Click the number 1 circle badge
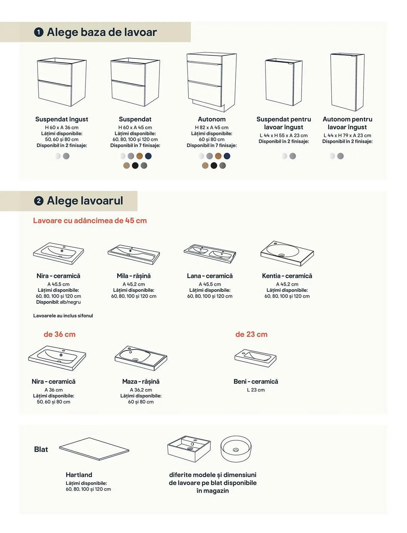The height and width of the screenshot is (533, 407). tap(39, 32)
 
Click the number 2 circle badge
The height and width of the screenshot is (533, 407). tap(39, 201)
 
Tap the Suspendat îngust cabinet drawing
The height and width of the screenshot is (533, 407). tap(62, 82)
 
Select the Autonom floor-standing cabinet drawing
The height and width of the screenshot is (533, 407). tap(212, 82)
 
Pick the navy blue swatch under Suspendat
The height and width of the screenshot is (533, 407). tap(148, 156)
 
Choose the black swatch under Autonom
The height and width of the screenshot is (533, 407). tap(214, 166)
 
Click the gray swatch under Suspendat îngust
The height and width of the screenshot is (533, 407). tap(66, 156)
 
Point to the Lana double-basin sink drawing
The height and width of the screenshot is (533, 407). tap(210, 253)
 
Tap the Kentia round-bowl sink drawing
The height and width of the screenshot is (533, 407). tap(287, 253)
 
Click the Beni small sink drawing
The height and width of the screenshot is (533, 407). tap(255, 358)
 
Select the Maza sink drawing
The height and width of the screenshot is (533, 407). tap(141, 358)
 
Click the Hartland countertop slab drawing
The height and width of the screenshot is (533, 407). tap(94, 449)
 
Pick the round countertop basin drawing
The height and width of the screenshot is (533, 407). tap(236, 449)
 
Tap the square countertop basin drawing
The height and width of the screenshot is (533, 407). tap(189, 449)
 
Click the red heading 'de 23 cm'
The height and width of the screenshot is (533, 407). tap(251, 334)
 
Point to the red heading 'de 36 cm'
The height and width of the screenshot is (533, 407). tap(60, 334)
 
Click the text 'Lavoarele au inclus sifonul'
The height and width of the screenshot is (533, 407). tap(63, 316)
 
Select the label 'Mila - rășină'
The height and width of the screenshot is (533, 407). tap(134, 276)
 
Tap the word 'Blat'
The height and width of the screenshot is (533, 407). tap(41, 449)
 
